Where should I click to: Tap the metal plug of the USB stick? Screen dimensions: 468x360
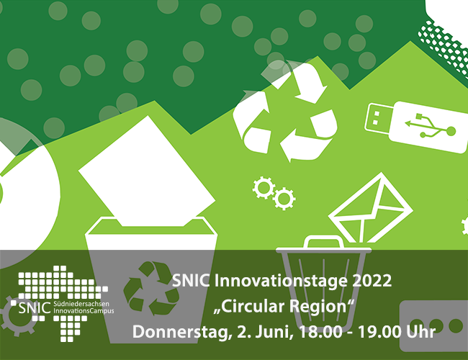pyautogui.click(x=377, y=117)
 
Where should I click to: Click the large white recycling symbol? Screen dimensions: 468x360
pyautogui.click(x=285, y=112)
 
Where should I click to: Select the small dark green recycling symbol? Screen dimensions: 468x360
pyautogui.click(x=151, y=288)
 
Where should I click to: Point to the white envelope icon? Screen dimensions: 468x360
pyautogui.click(x=370, y=208)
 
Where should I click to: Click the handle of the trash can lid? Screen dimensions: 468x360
pyautogui.click(x=324, y=240)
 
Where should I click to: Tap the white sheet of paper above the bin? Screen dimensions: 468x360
pyautogui.click(x=146, y=171)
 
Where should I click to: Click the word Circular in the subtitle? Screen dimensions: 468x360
pyautogui.click(x=251, y=307)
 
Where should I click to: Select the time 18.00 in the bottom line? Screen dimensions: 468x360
pyautogui.click(x=320, y=332)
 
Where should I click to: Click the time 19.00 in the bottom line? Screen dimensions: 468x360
pyautogui.click(x=379, y=332)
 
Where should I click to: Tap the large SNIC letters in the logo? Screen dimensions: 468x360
pyautogui.click(x=35, y=308)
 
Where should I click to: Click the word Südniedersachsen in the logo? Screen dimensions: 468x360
pyautogui.click(x=81, y=304)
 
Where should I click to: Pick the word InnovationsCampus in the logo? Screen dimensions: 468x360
pyautogui.click(x=84, y=311)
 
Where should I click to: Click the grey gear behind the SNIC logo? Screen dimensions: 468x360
pyautogui.click(x=17, y=316)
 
